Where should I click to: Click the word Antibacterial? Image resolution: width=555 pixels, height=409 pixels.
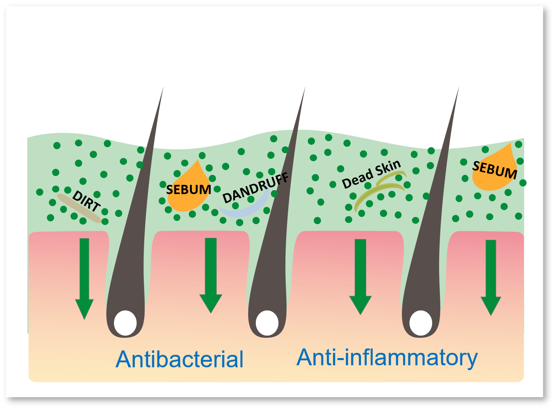click(x=180, y=359)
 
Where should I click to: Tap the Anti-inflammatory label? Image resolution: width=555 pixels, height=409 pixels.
click(x=387, y=357)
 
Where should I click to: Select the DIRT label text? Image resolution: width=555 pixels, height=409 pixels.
click(x=86, y=201)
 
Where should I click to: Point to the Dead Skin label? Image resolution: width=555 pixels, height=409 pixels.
click(x=371, y=174)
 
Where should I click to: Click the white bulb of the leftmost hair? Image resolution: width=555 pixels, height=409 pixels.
click(x=125, y=323)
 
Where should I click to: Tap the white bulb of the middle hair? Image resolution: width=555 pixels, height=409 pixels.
click(x=267, y=323)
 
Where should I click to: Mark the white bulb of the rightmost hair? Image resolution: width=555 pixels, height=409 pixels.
click(x=421, y=323)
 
